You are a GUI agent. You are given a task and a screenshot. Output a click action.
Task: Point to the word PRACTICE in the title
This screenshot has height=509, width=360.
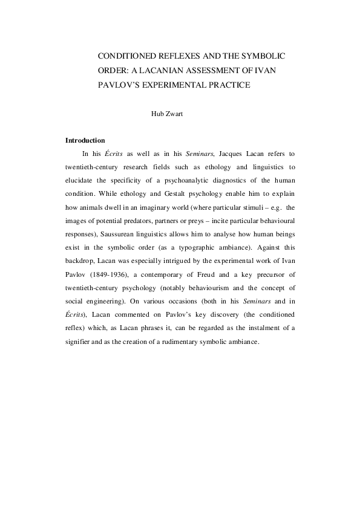(x=224, y=85)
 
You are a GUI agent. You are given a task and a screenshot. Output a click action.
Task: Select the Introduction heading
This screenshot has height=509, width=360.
(x=85, y=140)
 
